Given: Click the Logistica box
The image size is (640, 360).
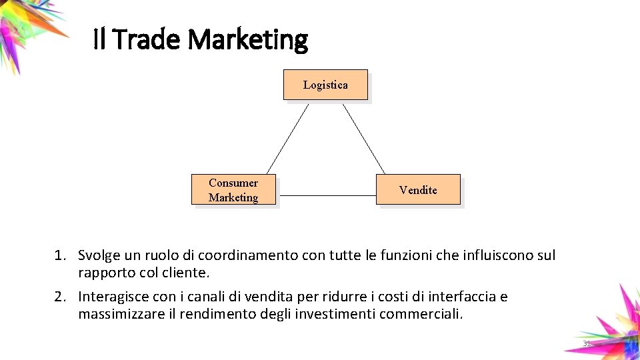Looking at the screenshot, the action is coord(325,85).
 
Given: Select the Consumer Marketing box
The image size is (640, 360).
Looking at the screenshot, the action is coord(233,190).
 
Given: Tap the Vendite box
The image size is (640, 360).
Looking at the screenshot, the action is coord(418,190).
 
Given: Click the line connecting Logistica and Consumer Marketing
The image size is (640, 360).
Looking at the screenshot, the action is coord(288,138).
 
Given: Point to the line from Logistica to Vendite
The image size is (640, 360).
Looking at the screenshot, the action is coord(363,138).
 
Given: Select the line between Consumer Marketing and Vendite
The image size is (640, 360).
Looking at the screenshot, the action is coord(326,195).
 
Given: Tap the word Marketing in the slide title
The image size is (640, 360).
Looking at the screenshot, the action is coord(247,40).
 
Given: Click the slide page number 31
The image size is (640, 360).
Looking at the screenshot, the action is coord(587,343).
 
